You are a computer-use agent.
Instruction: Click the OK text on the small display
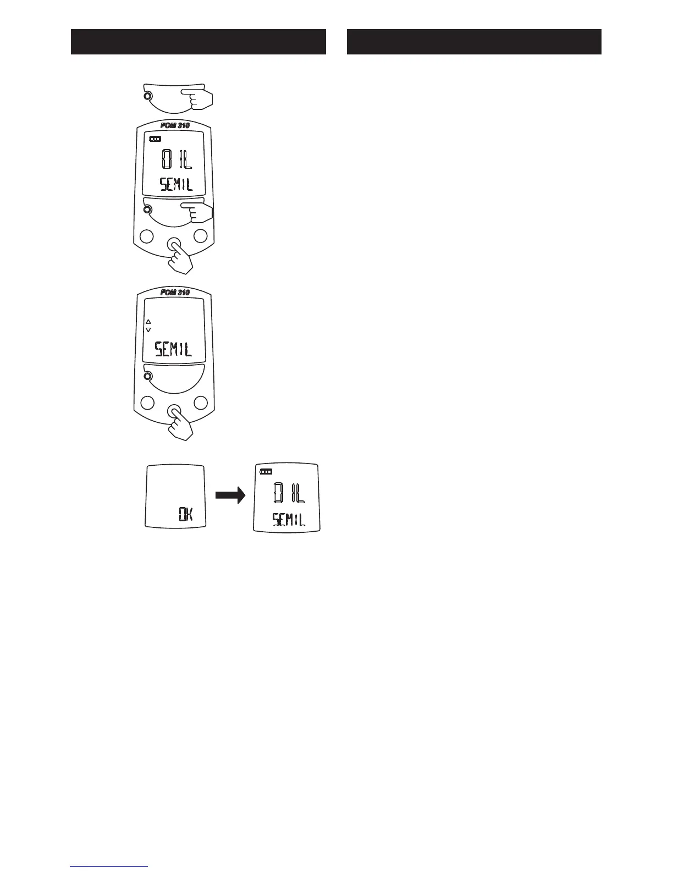tap(185, 515)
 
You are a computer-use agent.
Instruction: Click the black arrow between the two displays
tap(229, 497)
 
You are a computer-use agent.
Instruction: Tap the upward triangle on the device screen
tap(148, 322)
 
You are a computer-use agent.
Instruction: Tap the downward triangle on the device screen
tap(148, 330)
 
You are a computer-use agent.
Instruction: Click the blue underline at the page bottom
tap(109, 866)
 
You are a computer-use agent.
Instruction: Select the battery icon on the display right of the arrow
tap(266, 472)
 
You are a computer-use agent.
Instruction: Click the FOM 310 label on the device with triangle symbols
tap(175, 293)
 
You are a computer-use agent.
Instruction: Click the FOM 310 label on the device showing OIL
tap(175, 125)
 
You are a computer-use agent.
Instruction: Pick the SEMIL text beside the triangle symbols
tap(173, 349)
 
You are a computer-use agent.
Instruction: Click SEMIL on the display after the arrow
tap(289, 519)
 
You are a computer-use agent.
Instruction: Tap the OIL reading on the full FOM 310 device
tap(176, 159)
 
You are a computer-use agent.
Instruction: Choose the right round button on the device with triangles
tap(200, 403)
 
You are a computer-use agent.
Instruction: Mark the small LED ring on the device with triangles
tap(147, 376)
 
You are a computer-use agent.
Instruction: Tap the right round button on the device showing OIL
tap(200, 236)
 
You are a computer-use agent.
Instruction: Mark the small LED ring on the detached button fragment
tap(147, 97)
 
